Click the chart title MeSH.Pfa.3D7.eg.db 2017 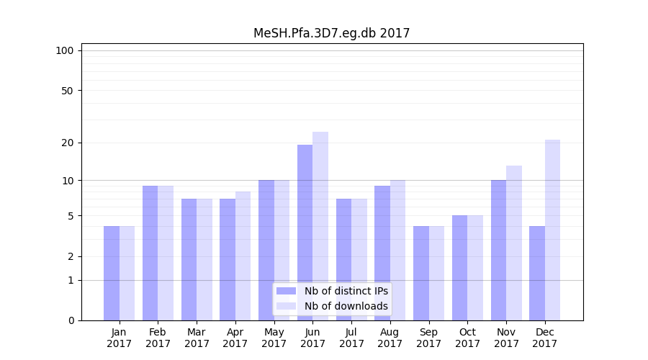tap(331, 33)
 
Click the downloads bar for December tap(552, 230)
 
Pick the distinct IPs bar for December tap(537, 273)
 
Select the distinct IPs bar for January tap(112, 273)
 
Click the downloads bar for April tap(243, 256)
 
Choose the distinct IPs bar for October tap(460, 267)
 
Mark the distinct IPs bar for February tap(150, 253)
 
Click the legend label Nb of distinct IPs tap(346, 291)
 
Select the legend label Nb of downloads tap(346, 306)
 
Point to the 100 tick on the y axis tap(65, 50)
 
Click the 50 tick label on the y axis tap(68, 91)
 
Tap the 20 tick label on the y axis tap(68, 143)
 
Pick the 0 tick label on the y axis tap(71, 320)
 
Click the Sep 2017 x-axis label tap(428, 338)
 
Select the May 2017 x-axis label tap(274, 338)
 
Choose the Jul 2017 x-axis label tap(351, 338)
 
